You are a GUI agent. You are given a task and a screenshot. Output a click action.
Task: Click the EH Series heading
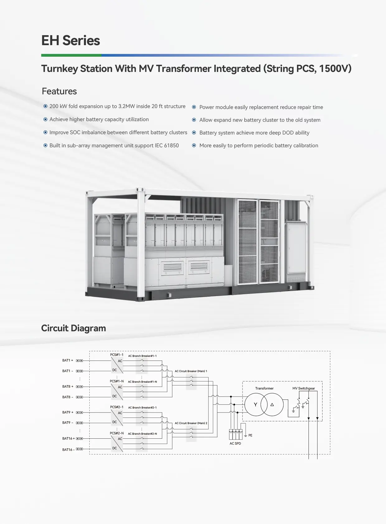[70, 41]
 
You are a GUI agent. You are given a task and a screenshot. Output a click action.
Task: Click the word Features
[59, 91]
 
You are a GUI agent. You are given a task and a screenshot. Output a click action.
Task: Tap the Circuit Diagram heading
[73, 328]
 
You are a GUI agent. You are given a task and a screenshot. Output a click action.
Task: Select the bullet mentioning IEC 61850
[114, 145]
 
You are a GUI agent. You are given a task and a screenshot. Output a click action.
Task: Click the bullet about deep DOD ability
[254, 133]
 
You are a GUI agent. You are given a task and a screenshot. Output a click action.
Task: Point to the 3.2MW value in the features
[126, 106]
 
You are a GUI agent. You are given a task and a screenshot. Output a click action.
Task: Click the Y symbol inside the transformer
[256, 404]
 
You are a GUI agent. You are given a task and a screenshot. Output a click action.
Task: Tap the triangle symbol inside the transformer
[272, 404]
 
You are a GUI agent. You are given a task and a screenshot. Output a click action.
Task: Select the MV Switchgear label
[304, 388]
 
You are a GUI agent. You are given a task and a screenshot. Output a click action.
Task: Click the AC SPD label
[235, 443]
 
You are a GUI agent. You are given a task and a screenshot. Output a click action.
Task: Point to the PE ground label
[250, 435]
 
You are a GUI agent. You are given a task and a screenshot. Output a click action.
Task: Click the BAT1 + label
[68, 360]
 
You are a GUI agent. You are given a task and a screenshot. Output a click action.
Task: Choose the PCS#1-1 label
[117, 355]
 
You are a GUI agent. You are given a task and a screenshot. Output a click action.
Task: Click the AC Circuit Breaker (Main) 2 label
[191, 423]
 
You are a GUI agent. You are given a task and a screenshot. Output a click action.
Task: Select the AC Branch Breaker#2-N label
[142, 434]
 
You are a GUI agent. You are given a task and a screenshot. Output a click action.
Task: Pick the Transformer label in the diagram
[264, 388]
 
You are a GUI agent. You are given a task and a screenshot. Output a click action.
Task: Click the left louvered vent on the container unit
[172, 267]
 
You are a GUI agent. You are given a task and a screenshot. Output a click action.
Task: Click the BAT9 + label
[68, 412]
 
